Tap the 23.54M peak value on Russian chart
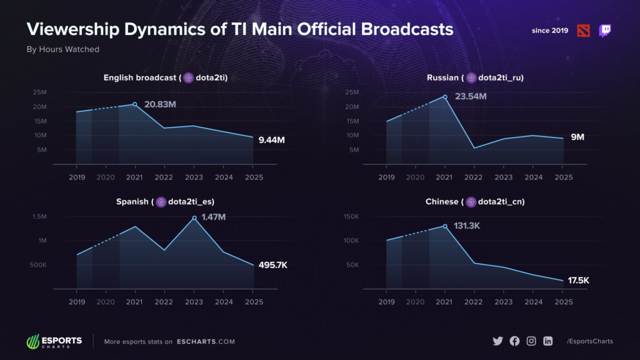pos(470,96)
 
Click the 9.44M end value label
pos(272,140)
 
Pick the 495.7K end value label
pos(272,265)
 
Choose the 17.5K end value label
pos(579,281)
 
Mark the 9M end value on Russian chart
pos(577,137)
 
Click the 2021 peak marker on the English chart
pos(135,104)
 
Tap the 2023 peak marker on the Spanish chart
pos(194,218)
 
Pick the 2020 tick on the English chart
pos(106,177)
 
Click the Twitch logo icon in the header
pos(605,31)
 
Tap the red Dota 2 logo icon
pos(582,31)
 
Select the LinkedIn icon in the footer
pos(548,341)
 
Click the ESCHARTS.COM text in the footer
pos(206,341)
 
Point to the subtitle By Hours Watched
pos(62,49)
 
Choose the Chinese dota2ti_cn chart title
pos(475,202)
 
